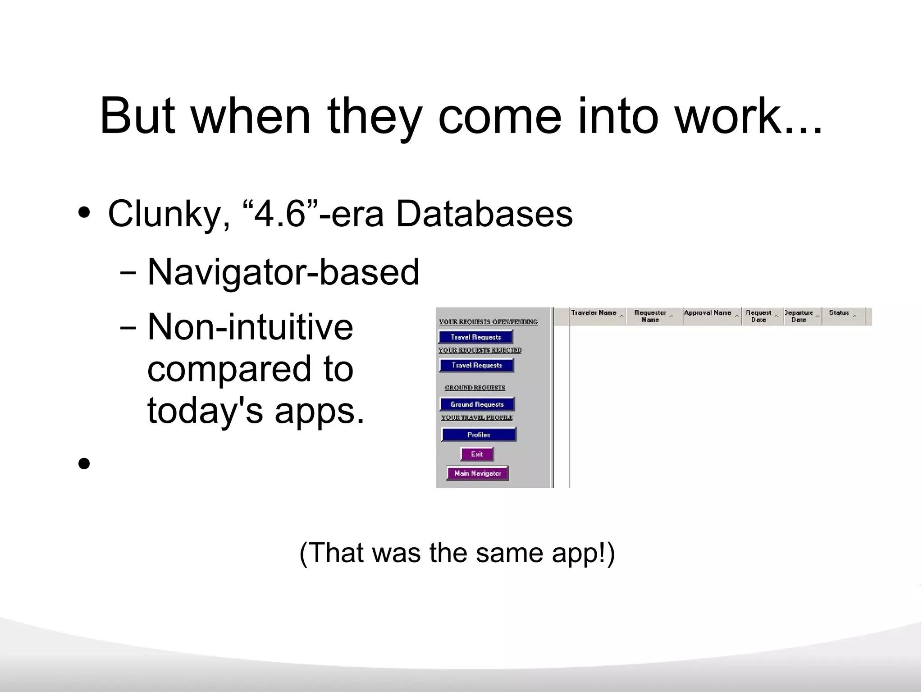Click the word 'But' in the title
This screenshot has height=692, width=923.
[x=137, y=116]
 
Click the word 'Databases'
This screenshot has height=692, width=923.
[x=484, y=214]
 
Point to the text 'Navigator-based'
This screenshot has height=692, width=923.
[x=283, y=272]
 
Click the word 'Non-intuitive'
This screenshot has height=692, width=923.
[x=250, y=327]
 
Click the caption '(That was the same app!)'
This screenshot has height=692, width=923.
[x=457, y=552]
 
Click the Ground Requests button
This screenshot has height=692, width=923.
[x=477, y=404]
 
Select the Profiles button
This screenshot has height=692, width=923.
[x=479, y=435]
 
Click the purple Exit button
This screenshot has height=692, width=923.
[x=477, y=454]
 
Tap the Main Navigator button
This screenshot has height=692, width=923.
[x=478, y=473]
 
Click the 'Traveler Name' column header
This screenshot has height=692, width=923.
[x=594, y=313]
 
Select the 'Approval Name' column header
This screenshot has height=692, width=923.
[x=708, y=313]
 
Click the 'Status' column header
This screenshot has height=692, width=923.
[x=839, y=313]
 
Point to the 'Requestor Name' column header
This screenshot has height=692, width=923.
[x=650, y=316]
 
